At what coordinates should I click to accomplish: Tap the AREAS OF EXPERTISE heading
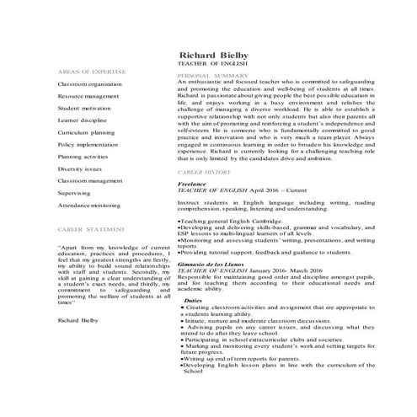88,72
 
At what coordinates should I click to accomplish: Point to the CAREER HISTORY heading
203,171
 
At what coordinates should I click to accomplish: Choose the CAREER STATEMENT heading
88,229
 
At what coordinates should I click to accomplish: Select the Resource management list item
88,97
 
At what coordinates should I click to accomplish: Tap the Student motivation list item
84,109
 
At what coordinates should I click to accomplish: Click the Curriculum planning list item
86,133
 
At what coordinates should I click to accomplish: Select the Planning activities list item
83,157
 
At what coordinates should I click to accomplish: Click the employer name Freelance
192,183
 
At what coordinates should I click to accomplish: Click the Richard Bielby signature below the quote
78,297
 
